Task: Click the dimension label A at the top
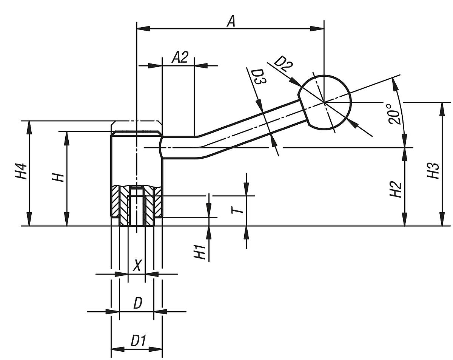(231, 21)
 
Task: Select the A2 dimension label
(180, 58)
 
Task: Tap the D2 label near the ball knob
(283, 64)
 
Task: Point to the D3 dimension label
(258, 77)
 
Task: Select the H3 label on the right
(433, 171)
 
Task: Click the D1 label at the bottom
(138, 341)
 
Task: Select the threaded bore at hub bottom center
(137, 210)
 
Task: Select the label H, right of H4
(58, 176)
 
